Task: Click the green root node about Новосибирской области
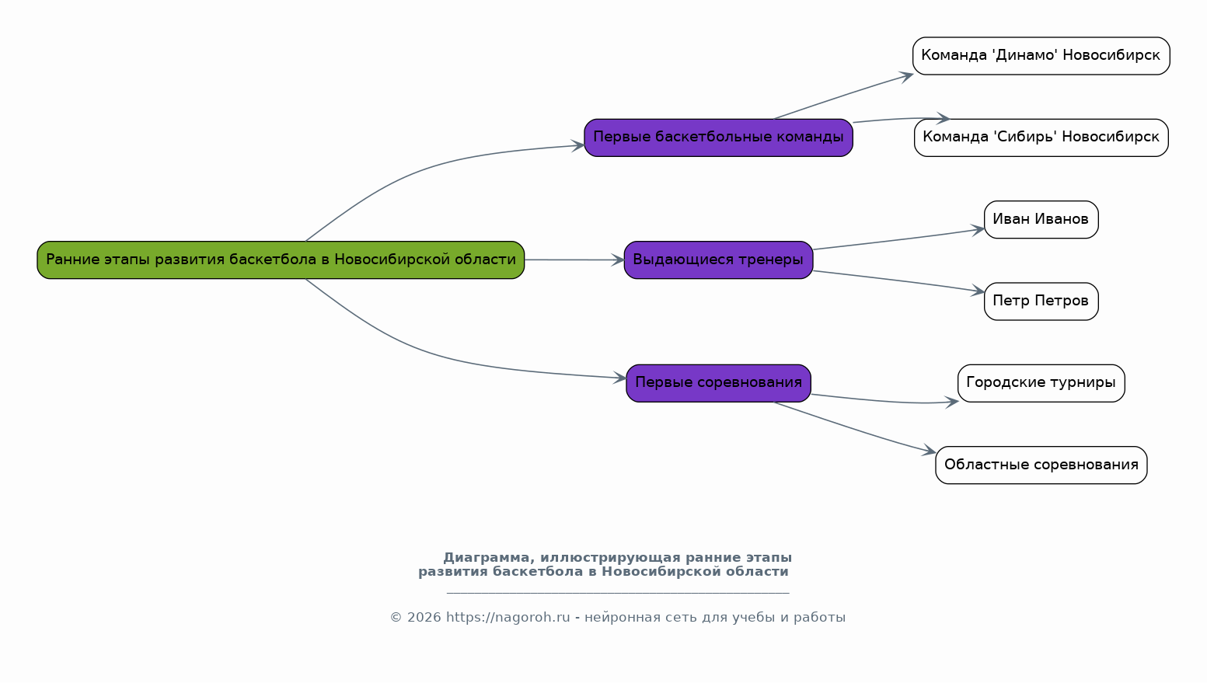[x=281, y=260]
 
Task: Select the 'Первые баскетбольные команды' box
[x=718, y=138]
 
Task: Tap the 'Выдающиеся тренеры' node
[x=718, y=260]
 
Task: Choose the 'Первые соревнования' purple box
[x=718, y=383]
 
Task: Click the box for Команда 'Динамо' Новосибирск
[x=1041, y=56]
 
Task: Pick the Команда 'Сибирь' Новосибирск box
[x=1041, y=138]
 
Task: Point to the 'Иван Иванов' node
[x=1041, y=220]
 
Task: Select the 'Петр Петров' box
[x=1041, y=301]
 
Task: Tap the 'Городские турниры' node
[x=1041, y=383]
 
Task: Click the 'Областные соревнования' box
[x=1041, y=465]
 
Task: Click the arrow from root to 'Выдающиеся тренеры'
[x=574, y=260]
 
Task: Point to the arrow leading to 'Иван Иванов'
[x=898, y=240]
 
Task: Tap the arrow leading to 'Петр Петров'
[x=898, y=281]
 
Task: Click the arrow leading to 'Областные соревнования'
[x=855, y=428]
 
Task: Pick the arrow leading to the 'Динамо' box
[x=843, y=96]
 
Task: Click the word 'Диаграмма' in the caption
[x=487, y=558]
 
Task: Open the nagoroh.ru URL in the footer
[x=508, y=618]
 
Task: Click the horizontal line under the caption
[x=618, y=593]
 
